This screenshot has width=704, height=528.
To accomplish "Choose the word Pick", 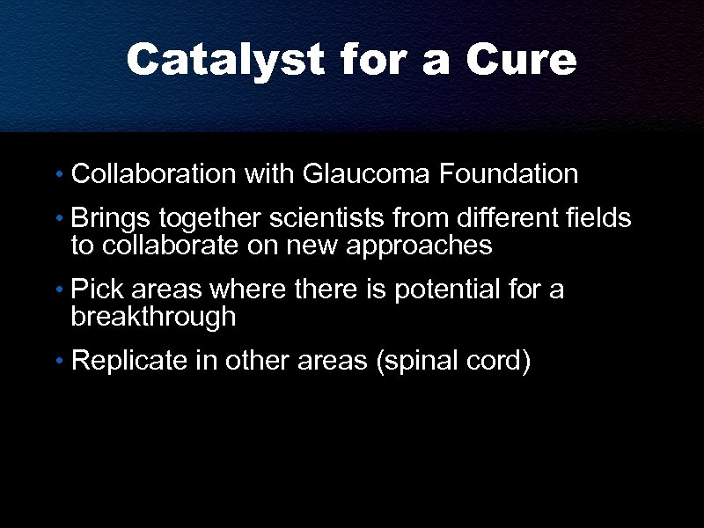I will (x=96, y=289).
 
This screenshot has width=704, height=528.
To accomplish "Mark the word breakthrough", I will (x=153, y=318).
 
